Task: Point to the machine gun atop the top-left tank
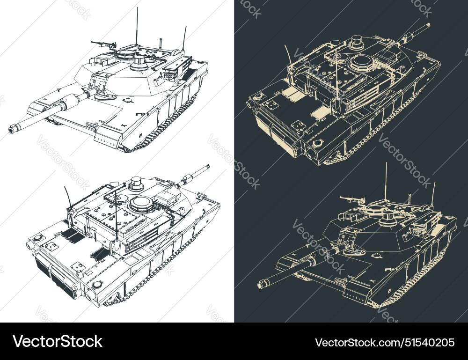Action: click(103, 44)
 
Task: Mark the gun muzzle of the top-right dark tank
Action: click(426, 26)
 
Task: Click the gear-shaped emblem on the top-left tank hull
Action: click(126, 99)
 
